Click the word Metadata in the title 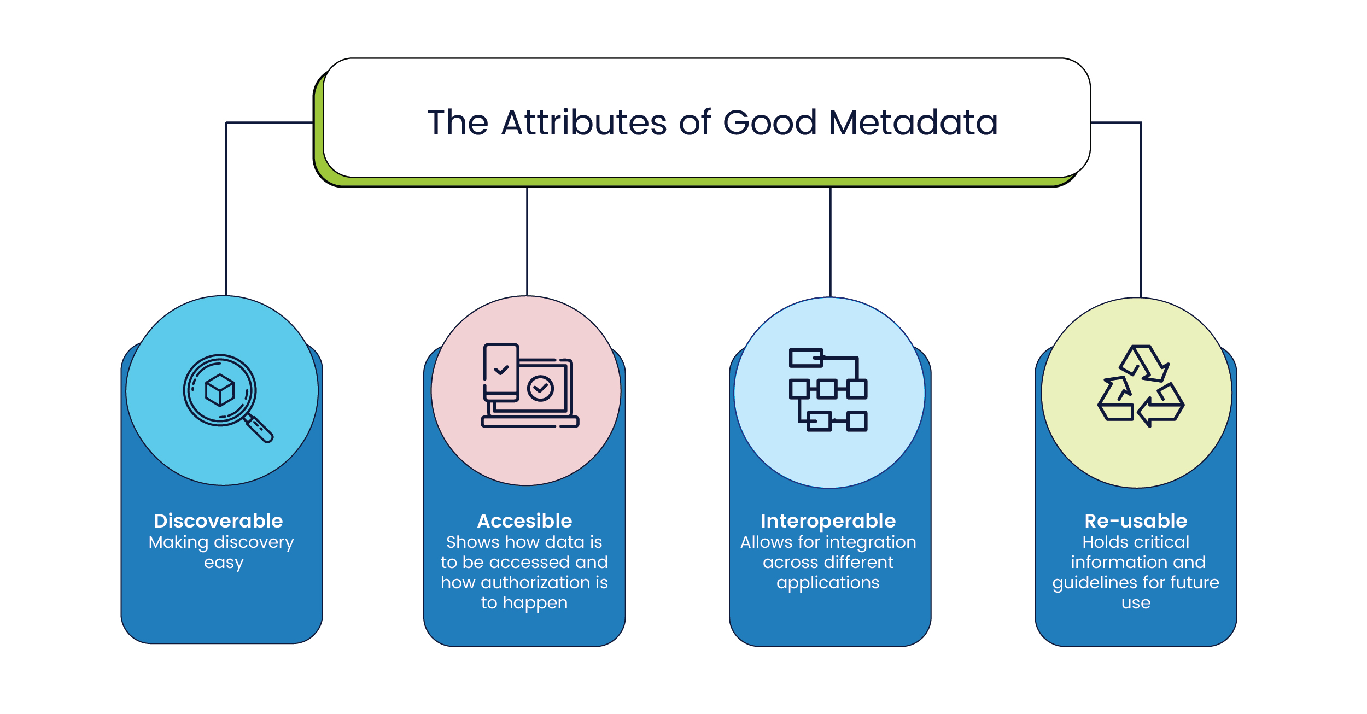[x=913, y=122]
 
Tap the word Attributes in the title [x=583, y=122]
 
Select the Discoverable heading [x=218, y=521]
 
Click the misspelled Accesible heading [x=524, y=521]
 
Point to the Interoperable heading [x=828, y=521]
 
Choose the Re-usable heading [x=1136, y=521]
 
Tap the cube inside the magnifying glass [x=220, y=390]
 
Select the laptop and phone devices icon [x=529, y=385]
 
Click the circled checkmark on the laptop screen [x=540, y=388]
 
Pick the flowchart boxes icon [x=828, y=389]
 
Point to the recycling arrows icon [x=1141, y=386]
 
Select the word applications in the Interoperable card [x=828, y=583]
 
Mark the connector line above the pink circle [x=527, y=241]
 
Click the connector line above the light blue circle [x=830, y=241]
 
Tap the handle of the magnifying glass [x=259, y=429]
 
